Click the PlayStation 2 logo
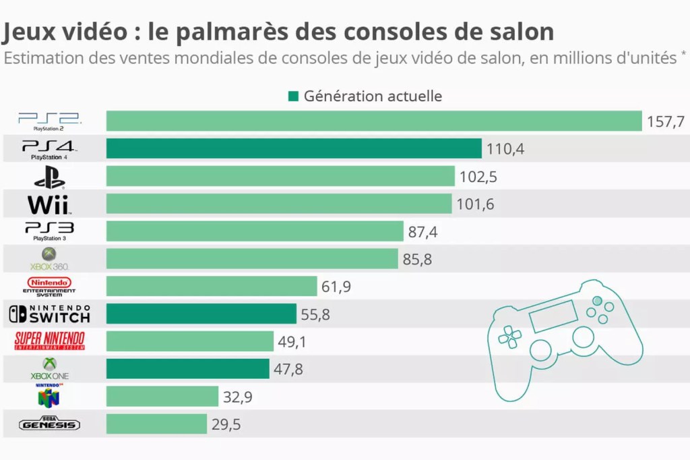[49, 121]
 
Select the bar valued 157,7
[374, 121]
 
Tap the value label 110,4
[505, 149]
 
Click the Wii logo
[49, 204]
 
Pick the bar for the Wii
[279, 204]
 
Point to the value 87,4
[423, 232]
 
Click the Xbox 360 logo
[49, 259]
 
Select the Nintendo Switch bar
[201, 314]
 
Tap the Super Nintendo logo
[49, 341]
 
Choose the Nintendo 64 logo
[49, 396]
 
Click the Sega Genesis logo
[49, 424]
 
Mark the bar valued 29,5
[156, 424]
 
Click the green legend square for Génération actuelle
[293, 96]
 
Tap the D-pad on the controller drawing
[510, 335]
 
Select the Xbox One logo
[49, 368]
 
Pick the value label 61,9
[336, 287]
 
